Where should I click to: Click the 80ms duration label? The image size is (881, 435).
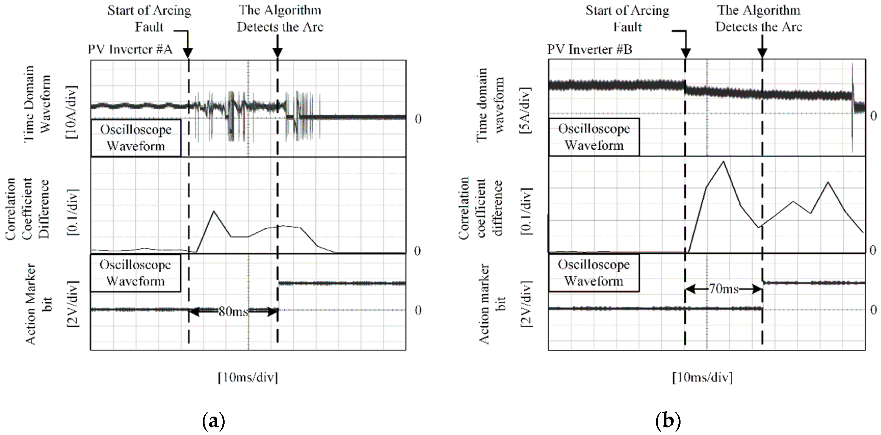[233, 311]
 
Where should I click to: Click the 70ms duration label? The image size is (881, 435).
[724, 289]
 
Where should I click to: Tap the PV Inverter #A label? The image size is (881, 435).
[130, 50]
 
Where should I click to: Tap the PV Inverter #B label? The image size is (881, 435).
[589, 50]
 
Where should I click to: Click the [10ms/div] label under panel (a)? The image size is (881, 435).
[248, 378]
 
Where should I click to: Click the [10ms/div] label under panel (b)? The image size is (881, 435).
[702, 378]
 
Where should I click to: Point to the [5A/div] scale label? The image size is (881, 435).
[525, 110]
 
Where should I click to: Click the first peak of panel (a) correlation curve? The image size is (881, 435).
[214, 211]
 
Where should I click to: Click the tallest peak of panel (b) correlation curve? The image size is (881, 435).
[723, 161]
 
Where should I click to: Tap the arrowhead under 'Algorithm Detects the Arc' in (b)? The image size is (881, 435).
[762, 53]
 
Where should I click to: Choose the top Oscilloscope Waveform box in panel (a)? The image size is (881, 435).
[136, 138]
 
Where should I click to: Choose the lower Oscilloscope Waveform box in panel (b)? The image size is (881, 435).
[594, 272]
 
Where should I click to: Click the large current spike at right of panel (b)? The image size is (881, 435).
[852, 106]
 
